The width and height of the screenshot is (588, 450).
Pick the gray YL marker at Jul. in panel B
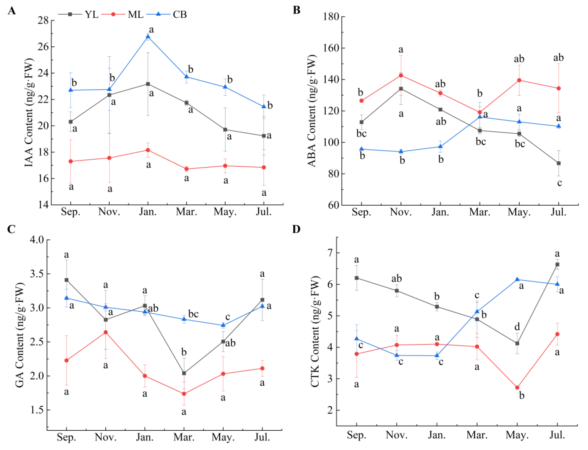point(559,163)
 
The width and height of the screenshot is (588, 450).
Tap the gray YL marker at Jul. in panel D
point(558,264)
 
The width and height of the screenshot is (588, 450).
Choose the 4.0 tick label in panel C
point(37,240)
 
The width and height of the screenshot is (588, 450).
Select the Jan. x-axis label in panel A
point(148,212)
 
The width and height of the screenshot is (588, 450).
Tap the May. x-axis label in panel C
point(223,437)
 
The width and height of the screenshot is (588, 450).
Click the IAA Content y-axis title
point(29,112)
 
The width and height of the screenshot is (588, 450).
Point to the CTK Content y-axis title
point(315,331)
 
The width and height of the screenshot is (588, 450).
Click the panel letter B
point(297,10)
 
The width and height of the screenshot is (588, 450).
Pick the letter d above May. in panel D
point(517,327)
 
